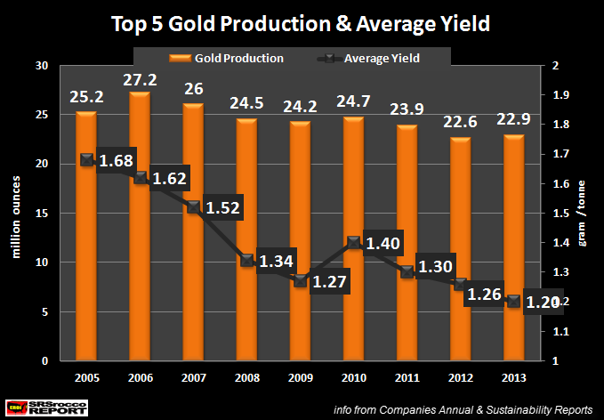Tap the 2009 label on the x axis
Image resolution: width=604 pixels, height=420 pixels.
(x=299, y=377)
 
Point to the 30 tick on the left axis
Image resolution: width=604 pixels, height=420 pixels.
(x=41, y=66)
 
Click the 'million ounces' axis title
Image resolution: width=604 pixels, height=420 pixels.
(x=15, y=214)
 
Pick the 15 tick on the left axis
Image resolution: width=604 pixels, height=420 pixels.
(x=41, y=214)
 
